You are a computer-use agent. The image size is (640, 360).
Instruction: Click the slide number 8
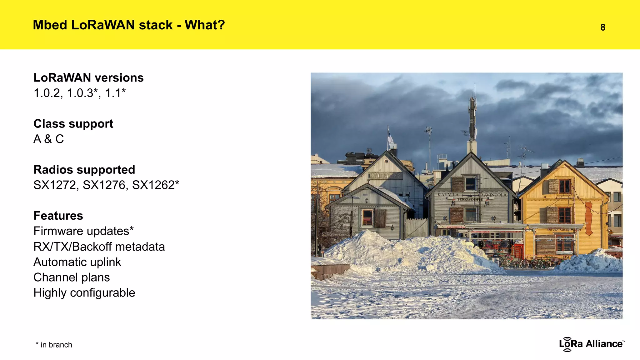click(603, 27)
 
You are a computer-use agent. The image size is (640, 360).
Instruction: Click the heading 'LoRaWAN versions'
click(88, 77)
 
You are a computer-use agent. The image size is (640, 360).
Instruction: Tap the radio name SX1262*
click(155, 185)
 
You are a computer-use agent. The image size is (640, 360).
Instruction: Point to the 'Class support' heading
click(73, 124)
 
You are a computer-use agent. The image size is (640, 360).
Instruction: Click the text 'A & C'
click(48, 139)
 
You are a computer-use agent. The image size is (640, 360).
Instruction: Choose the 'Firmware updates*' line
click(83, 231)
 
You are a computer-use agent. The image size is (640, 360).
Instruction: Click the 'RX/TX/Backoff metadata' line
click(99, 247)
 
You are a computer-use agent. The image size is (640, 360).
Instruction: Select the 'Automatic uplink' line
click(77, 262)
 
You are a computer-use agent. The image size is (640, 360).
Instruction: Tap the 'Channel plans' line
click(72, 277)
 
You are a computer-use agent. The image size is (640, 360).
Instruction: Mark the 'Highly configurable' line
click(84, 293)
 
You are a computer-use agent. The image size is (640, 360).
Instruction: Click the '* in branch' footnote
click(54, 345)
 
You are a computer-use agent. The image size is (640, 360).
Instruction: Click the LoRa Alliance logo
click(592, 344)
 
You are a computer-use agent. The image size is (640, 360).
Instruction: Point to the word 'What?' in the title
click(205, 25)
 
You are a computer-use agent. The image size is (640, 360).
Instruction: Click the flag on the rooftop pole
click(390, 137)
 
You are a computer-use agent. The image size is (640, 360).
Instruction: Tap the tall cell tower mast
click(472, 119)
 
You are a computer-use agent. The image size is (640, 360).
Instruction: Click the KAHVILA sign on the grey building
click(448, 195)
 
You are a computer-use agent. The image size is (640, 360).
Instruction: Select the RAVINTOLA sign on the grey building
click(494, 195)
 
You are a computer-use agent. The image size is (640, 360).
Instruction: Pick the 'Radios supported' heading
click(84, 170)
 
